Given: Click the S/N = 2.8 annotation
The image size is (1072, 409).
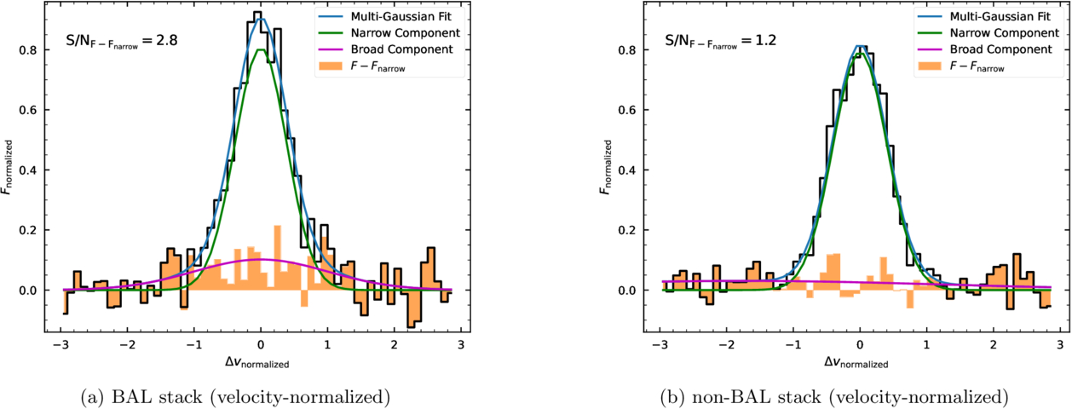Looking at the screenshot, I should point(121,39).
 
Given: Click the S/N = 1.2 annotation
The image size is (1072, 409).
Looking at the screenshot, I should point(721,39).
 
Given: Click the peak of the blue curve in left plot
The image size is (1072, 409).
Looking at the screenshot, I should point(260,19).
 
